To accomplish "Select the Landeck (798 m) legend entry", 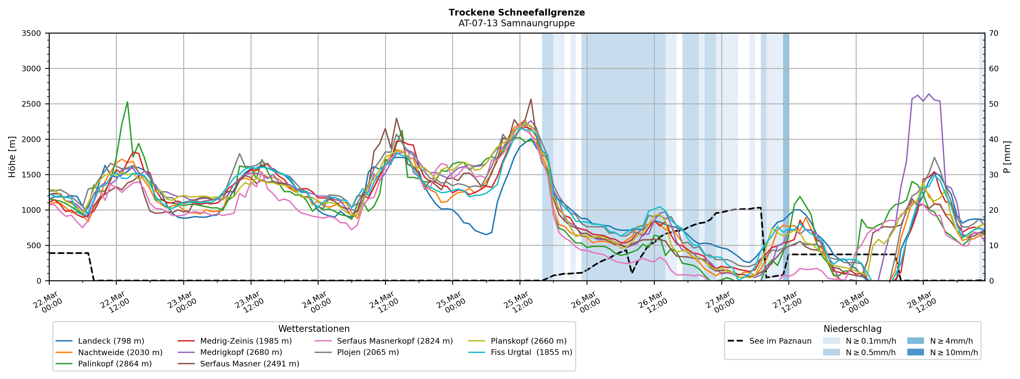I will [x=111, y=341].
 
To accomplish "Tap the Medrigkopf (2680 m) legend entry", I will [x=241, y=352].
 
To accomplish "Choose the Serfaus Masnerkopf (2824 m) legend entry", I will [x=394, y=341].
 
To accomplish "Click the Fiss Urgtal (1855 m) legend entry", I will [x=531, y=352].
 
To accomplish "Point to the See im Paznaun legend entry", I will [x=780, y=341].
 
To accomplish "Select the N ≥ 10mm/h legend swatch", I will [x=915, y=352].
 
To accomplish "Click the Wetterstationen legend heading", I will [x=314, y=329].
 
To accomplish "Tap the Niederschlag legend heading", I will [x=852, y=329].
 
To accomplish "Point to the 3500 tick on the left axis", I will [x=31, y=33].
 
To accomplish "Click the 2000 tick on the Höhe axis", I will [x=31, y=139].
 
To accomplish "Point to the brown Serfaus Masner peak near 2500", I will [x=531, y=99].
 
